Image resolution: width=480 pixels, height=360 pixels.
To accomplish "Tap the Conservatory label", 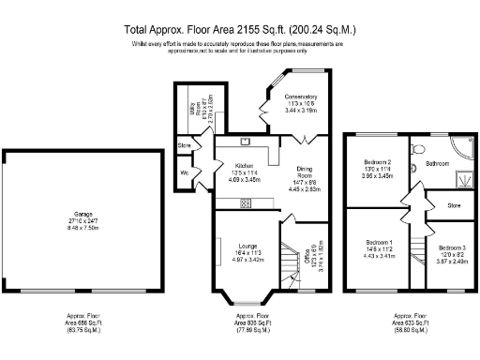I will (x=301, y=97).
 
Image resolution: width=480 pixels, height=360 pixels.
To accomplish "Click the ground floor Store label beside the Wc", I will (x=184, y=146).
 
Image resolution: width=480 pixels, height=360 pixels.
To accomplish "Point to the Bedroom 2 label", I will (x=377, y=162).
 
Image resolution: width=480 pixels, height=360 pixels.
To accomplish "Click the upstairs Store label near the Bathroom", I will (x=454, y=204).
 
